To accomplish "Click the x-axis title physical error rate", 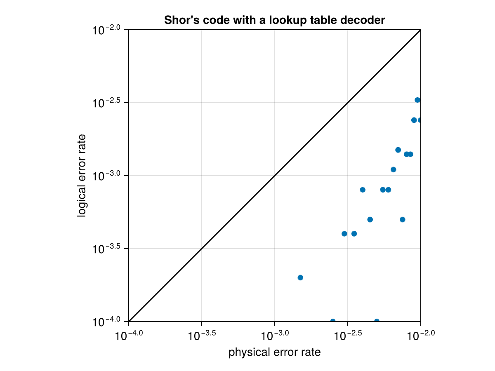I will tap(274, 353).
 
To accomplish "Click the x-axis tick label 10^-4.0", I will tap(129, 336).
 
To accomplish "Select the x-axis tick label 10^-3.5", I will tap(202, 336).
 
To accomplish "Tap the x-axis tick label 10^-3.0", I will tap(275, 336).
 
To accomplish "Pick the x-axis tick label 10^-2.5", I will tap(348, 336).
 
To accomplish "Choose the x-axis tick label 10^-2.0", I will tap(420, 336).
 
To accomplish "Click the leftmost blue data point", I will tap(300, 277).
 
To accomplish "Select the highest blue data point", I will tap(417, 100).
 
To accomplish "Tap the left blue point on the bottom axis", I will tap(333, 321).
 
